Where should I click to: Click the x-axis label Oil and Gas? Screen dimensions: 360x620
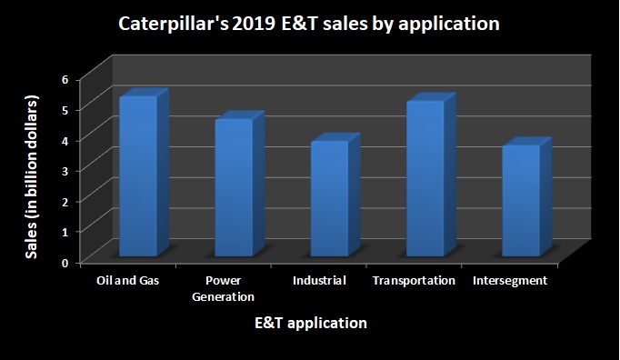click(x=128, y=281)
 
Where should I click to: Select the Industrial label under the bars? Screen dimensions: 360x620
click(x=319, y=281)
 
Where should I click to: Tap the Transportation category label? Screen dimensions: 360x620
click(x=414, y=281)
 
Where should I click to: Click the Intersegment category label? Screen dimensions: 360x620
click(x=510, y=281)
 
